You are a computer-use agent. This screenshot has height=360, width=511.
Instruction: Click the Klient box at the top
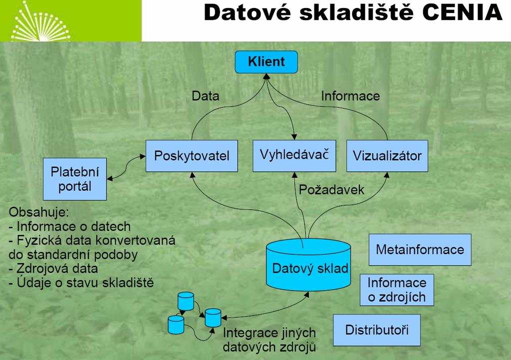coord(266,62)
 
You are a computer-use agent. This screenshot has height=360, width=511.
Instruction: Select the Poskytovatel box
coord(192,156)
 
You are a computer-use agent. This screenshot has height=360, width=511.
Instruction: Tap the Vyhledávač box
coord(294,156)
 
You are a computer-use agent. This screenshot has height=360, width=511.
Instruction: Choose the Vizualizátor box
coord(387,156)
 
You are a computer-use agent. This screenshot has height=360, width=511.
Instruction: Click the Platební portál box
coord(75,179)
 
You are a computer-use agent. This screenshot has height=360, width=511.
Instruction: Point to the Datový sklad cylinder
coord(308,265)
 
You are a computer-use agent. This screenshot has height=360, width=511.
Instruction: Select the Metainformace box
coord(420,250)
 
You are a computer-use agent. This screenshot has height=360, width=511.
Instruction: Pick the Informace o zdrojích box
coord(397,290)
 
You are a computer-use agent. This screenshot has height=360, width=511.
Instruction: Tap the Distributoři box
coord(377,330)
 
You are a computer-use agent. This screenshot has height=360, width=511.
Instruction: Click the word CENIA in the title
coord(463,13)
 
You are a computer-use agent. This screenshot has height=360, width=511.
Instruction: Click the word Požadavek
coord(331,190)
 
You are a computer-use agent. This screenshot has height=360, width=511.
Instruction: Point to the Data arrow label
coord(205,96)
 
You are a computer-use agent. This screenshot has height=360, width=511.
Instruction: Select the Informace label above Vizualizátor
coord(350,96)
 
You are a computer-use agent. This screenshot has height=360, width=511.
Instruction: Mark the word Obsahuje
coord(39,212)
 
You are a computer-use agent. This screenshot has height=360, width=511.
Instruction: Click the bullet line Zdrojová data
coord(53,268)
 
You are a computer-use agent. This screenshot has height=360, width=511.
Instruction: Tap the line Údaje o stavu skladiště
coord(81,283)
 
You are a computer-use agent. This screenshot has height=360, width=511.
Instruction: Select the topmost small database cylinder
coord(186,301)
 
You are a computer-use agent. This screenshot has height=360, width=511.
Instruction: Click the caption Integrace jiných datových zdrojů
coord(269,340)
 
